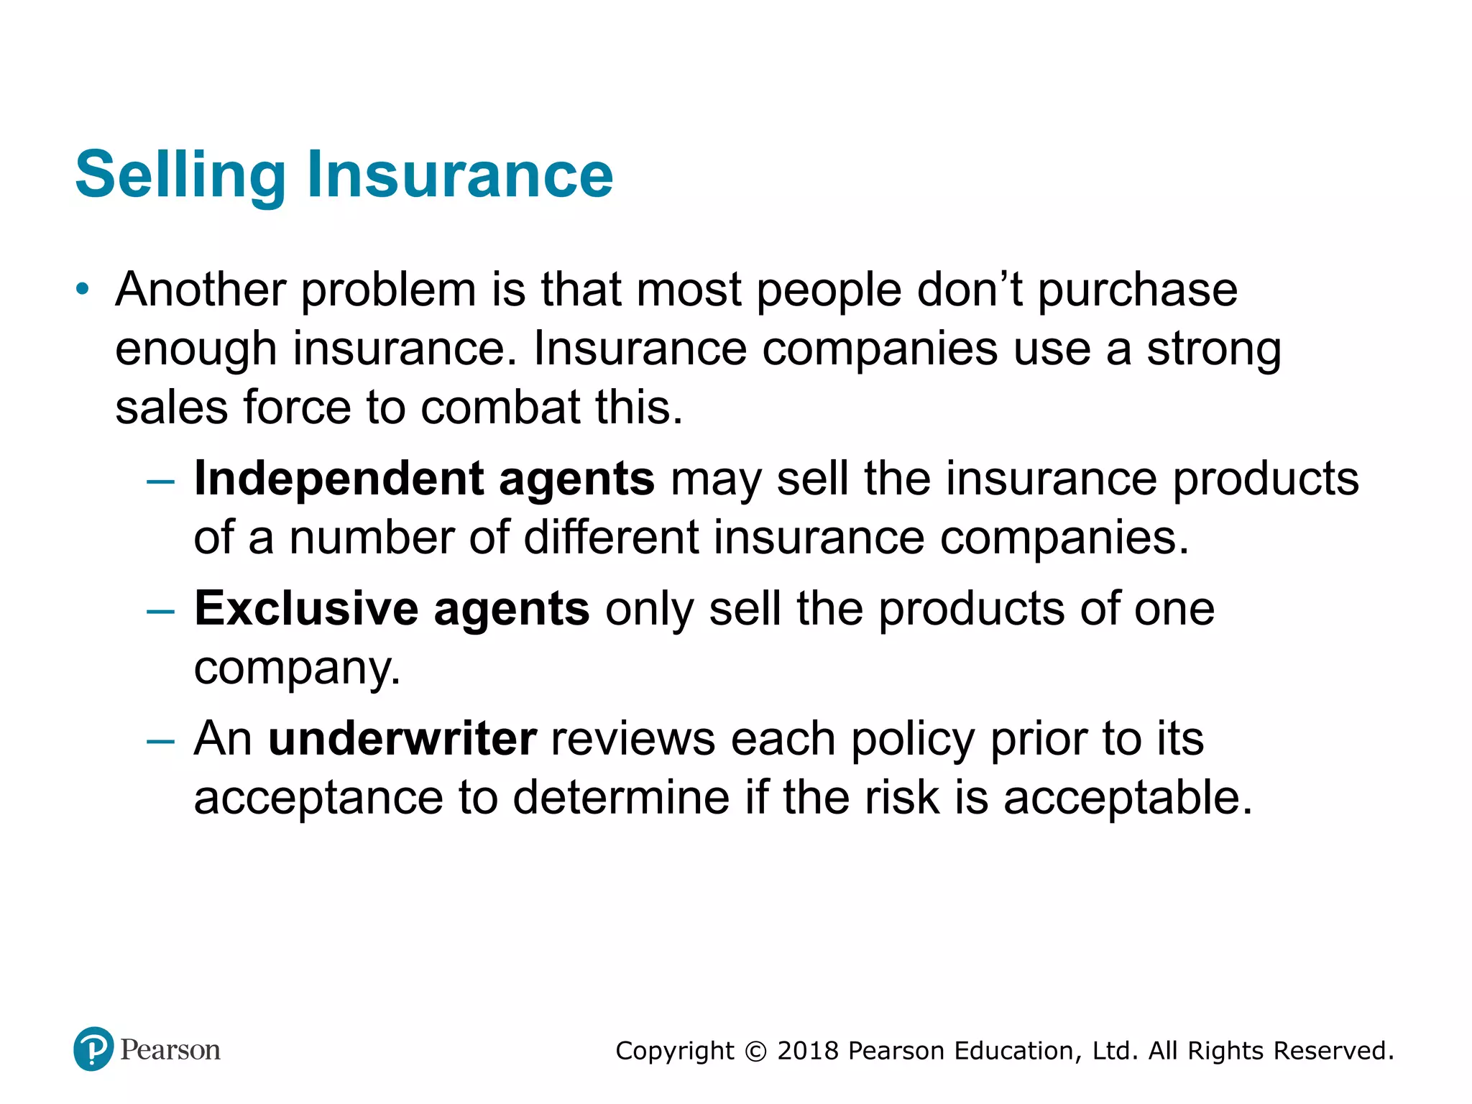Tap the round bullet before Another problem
point(83,289)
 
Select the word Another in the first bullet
point(201,290)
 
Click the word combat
point(500,408)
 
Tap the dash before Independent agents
point(160,481)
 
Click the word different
point(611,538)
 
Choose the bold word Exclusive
point(306,609)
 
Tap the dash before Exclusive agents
point(160,611)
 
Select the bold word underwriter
point(402,739)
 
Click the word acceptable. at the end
point(1128,798)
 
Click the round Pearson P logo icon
point(93,1049)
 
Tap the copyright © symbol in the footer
point(755,1052)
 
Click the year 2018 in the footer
point(808,1051)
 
